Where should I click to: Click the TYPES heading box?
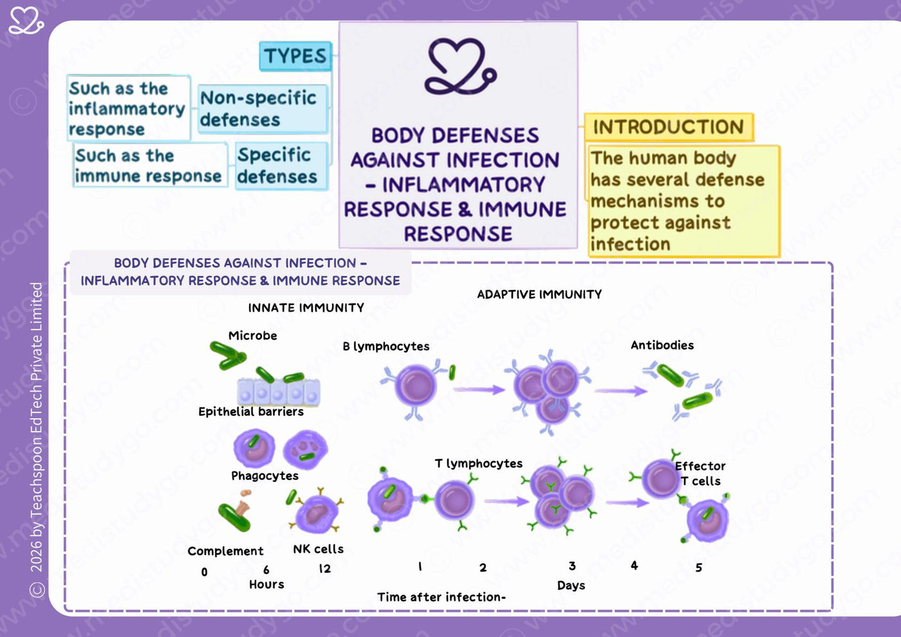coord(295,56)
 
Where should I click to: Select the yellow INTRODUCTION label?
coord(669,127)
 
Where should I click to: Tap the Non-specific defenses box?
coord(263,109)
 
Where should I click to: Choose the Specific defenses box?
coord(282,166)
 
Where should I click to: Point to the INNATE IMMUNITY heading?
coord(306,308)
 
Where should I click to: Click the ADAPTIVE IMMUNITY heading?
coord(539,295)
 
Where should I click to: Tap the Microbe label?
coord(252,335)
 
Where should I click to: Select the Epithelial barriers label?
coord(251,411)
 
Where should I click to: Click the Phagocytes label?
coord(265,475)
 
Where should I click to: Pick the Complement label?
coord(225,551)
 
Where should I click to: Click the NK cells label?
coord(318,549)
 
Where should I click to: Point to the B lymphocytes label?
coord(385,346)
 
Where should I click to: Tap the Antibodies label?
coord(662,345)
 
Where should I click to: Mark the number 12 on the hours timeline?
coord(324,569)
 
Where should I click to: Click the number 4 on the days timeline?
coord(635,566)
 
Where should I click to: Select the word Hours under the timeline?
coord(266,584)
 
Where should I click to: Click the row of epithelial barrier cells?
coord(279,391)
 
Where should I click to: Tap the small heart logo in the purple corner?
coord(26,21)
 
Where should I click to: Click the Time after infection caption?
coord(441,597)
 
